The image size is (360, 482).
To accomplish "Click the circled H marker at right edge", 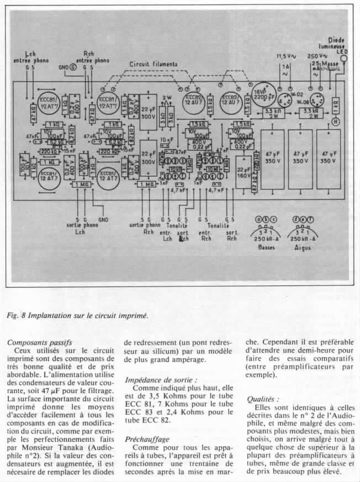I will click(x=335, y=120).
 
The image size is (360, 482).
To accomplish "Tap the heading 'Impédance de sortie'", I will click(x=161, y=380).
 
